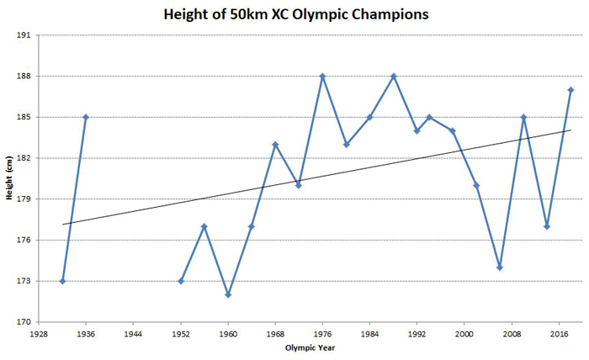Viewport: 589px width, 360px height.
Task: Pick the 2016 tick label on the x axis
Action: click(x=558, y=334)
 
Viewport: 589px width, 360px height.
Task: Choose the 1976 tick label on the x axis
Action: click(x=322, y=334)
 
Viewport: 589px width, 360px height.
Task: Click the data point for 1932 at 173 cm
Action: click(x=62, y=281)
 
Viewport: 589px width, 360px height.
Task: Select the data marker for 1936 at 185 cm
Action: click(x=86, y=117)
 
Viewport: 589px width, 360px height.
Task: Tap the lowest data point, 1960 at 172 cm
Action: click(x=228, y=294)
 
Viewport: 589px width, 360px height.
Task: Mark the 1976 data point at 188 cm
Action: click(x=322, y=77)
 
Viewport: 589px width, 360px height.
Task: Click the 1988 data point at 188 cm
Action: click(x=393, y=77)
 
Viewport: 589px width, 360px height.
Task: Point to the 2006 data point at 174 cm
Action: click(x=500, y=267)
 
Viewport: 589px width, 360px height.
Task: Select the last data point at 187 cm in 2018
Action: click(x=570, y=90)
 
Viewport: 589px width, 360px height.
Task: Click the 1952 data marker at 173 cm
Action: click(x=181, y=281)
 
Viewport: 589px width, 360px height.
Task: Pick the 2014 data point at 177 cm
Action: click(x=547, y=226)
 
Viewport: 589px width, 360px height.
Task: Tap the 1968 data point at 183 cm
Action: click(x=275, y=145)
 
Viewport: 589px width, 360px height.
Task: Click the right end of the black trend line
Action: click(x=570, y=130)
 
